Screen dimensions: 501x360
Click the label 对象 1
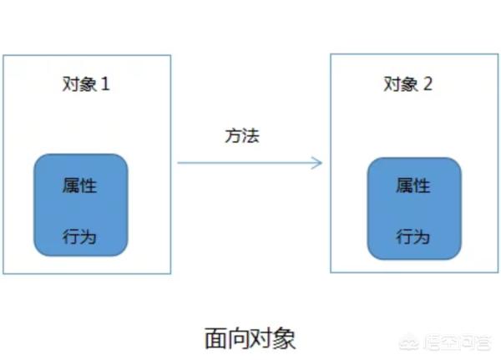(x=86, y=84)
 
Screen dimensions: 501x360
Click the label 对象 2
(x=408, y=84)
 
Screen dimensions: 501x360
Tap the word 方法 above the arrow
(x=242, y=135)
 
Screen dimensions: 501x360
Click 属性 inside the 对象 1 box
(x=79, y=185)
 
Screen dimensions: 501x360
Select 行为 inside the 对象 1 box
(x=79, y=237)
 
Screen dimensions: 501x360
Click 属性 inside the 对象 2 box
(x=413, y=185)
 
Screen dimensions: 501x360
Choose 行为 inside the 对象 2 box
(x=413, y=237)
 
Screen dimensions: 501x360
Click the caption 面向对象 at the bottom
(x=250, y=338)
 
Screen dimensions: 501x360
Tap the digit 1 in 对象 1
(x=105, y=84)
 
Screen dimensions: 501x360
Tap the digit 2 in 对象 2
(x=428, y=84)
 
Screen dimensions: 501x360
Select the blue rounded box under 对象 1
(x=81, y=205)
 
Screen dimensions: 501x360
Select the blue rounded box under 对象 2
(x=414, y=209)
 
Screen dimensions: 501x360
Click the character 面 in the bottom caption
(x=215, y=338)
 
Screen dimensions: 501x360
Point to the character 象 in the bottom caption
(x=285, y=338)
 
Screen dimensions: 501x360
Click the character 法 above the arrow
(x=250, y=135)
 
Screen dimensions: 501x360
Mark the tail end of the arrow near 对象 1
(x=178, y=163)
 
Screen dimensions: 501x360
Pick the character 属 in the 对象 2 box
(x=404, y=185)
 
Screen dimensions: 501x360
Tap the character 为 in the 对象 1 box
(x=88, y=237)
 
